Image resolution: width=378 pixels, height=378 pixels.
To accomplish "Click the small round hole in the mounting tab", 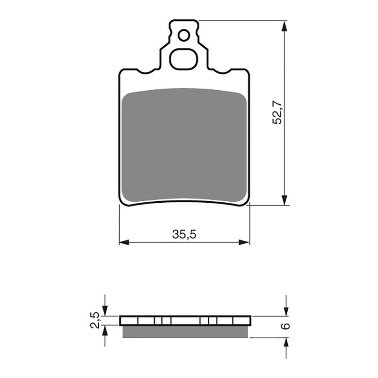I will [x=184, y=34].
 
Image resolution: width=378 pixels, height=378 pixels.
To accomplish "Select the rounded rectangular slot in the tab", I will [x=184, y=59].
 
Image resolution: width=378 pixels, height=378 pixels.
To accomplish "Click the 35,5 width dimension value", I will [x=184, y=234].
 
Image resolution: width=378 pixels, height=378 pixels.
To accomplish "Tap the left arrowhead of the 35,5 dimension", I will [x=124, y=242].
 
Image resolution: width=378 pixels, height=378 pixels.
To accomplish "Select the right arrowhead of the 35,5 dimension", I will [x=244, y=242].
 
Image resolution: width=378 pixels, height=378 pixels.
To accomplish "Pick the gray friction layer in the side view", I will [x=185, y=332].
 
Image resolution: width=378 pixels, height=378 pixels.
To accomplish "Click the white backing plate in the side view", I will [x=185, y=321].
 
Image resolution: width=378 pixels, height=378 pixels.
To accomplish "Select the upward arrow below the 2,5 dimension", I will [x=105, y=332].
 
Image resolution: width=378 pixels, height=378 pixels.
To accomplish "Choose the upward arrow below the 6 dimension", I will [x=286, y=343].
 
